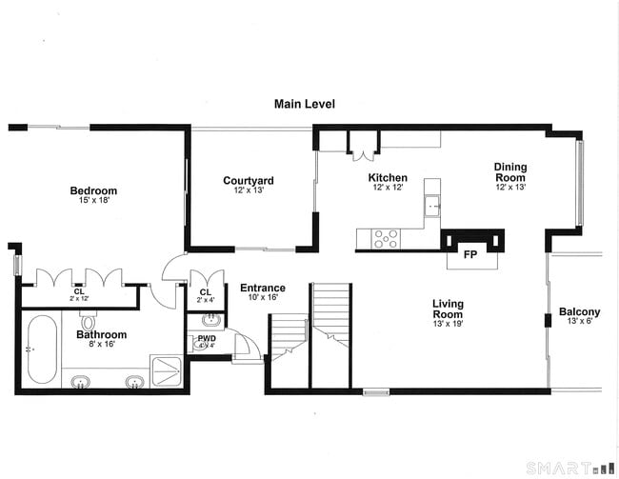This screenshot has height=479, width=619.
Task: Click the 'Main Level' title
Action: tap(304, 104)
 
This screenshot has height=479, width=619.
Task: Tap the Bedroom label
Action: tap(93, 191)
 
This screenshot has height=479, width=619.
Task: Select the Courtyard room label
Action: tap(249, 181)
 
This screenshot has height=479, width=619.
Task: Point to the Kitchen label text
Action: tap(388, 178)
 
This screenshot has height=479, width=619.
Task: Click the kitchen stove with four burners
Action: tap(385, 238)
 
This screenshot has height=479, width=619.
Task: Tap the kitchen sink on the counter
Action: tap(433, 204)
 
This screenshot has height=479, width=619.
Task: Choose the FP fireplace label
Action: tap(469, 254)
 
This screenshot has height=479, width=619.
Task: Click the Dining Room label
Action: tap(509, 172)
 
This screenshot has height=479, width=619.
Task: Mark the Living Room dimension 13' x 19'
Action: tap(447, 325)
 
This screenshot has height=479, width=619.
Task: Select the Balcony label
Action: tap(579, 312)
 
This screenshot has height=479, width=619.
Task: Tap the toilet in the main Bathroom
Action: tap(89, 322)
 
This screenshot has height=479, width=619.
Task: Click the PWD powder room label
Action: tap(207, 338)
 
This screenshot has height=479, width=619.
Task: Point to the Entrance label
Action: tap(262, 289)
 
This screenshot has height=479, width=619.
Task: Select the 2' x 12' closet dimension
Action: tap(79, 299)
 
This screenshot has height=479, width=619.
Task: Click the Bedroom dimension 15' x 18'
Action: tap(93, 202)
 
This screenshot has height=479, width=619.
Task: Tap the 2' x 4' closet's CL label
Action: tap(206, 291)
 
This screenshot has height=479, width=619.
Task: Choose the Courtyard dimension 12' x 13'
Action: tap(249, 191)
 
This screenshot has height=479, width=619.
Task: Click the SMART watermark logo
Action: tap(570, 468)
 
